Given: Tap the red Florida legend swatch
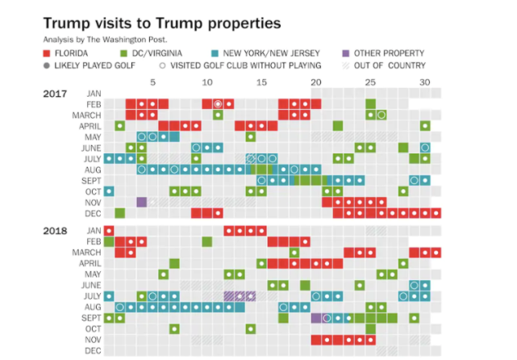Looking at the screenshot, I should coord(48,53).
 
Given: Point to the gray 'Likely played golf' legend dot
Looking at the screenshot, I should coord(48,65).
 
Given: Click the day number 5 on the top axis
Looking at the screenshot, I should coord(152,82).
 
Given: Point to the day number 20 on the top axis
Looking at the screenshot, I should coord(316,82).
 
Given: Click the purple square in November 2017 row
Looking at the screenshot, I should coord(142,203).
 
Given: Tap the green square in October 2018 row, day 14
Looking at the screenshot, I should coord(251,329).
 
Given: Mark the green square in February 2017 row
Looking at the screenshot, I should coord(370,104).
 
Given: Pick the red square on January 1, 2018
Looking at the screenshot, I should coord(109,231).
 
